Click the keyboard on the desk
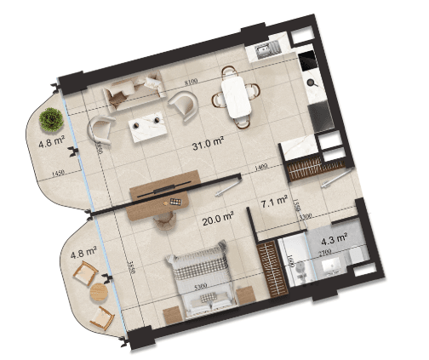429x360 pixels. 176,203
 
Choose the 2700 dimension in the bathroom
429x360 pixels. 324,253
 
